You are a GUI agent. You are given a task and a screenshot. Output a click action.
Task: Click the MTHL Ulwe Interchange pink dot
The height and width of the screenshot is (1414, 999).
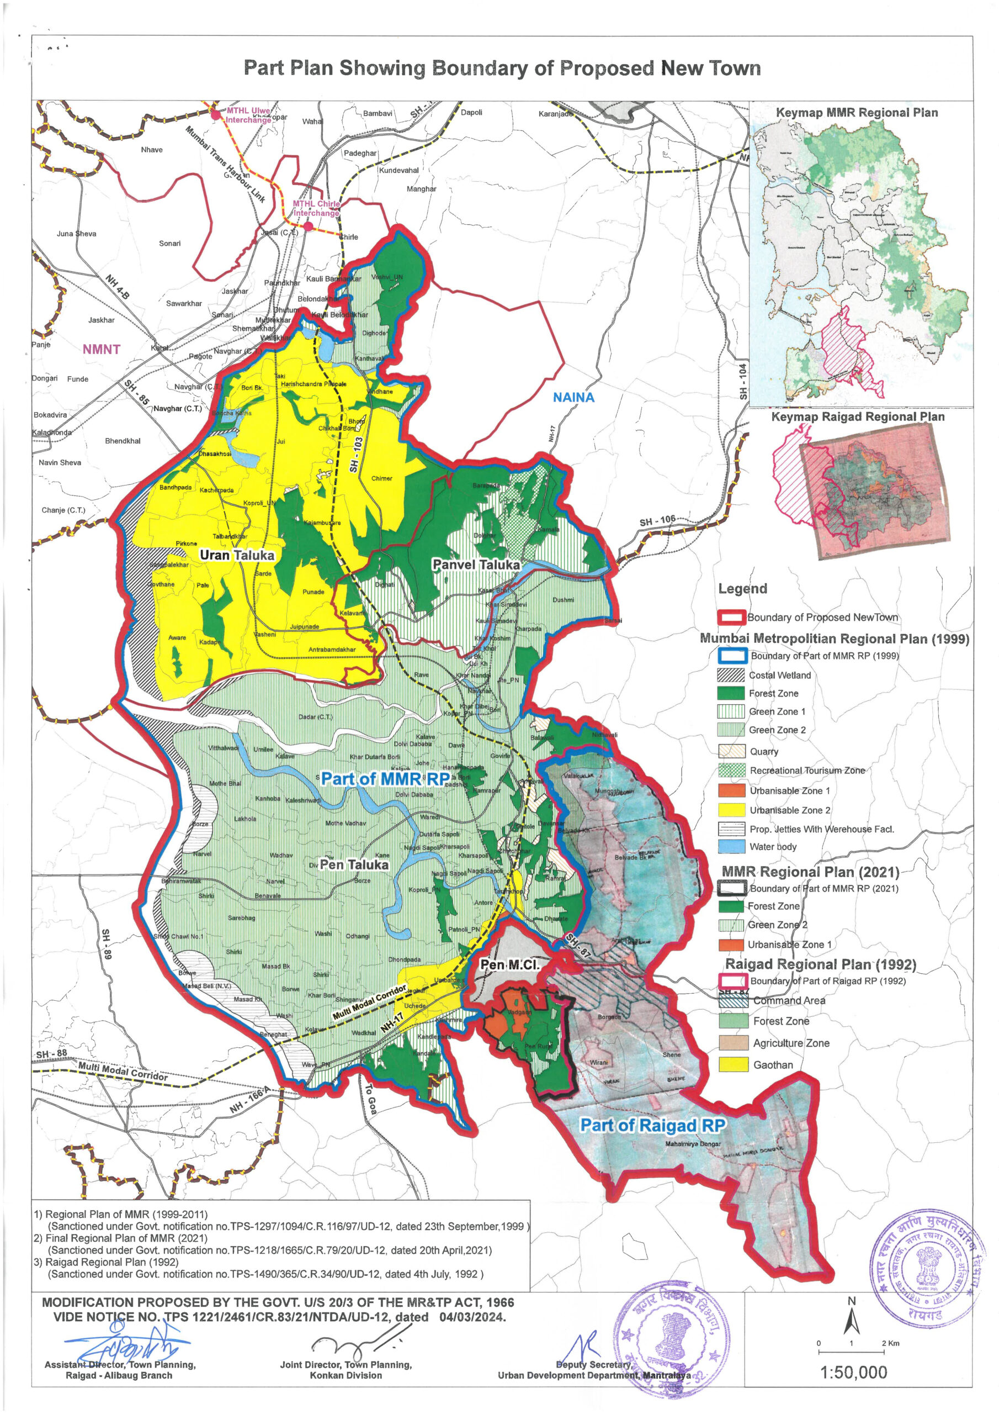(215, 114)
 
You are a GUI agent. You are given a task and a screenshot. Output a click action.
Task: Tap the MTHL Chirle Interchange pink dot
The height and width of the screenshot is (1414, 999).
(309, 226)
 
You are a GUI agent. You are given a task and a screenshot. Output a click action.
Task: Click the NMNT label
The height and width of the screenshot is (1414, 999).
(101, 349)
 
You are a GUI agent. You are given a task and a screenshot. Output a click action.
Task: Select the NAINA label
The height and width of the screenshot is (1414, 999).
(573, 397)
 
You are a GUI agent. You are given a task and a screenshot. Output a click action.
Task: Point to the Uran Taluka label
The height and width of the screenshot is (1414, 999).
(236, 555)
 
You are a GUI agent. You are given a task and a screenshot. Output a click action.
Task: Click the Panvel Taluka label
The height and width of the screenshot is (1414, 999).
(475, 564)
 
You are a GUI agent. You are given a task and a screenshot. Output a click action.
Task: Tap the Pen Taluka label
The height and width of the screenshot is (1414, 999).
(354, 864)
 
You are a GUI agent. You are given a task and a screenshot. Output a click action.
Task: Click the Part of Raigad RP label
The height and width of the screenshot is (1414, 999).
(652, 1125)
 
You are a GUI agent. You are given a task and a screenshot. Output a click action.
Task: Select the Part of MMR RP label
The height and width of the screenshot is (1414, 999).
(385, 778)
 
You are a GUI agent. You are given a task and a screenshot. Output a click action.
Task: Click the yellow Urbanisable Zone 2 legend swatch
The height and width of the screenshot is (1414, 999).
(731, 810)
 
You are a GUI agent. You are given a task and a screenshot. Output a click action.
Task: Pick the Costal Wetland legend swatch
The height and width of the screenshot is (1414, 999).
(731, 675)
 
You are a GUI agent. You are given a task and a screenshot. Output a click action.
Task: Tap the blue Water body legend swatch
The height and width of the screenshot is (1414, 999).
(731, 846)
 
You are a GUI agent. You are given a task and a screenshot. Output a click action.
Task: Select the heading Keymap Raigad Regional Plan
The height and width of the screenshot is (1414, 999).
(857, 416)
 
